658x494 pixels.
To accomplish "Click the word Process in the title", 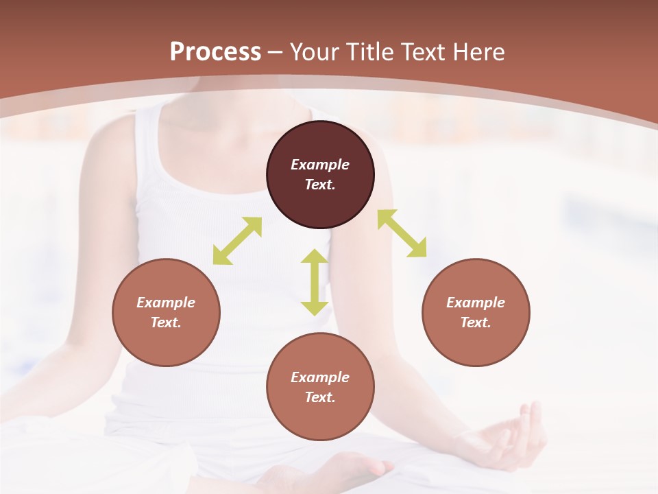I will tap(215, 52).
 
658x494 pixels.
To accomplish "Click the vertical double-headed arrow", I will tap(315, 282).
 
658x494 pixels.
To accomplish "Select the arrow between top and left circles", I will tap(237, 241).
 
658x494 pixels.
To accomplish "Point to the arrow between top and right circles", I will tap(402, 233).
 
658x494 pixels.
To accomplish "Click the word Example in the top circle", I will tap(320, 165).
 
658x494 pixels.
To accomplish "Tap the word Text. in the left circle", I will tap(166, 322).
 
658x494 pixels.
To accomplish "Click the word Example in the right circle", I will tap(476, 303).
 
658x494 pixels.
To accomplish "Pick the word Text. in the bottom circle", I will tap(320, 397).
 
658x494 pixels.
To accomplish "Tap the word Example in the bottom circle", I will tap(320, 377).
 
